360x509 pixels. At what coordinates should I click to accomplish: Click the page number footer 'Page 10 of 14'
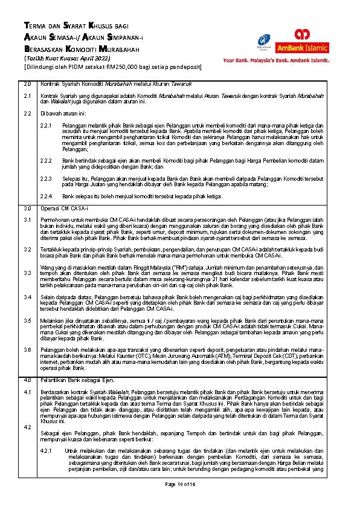click(180, 484)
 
